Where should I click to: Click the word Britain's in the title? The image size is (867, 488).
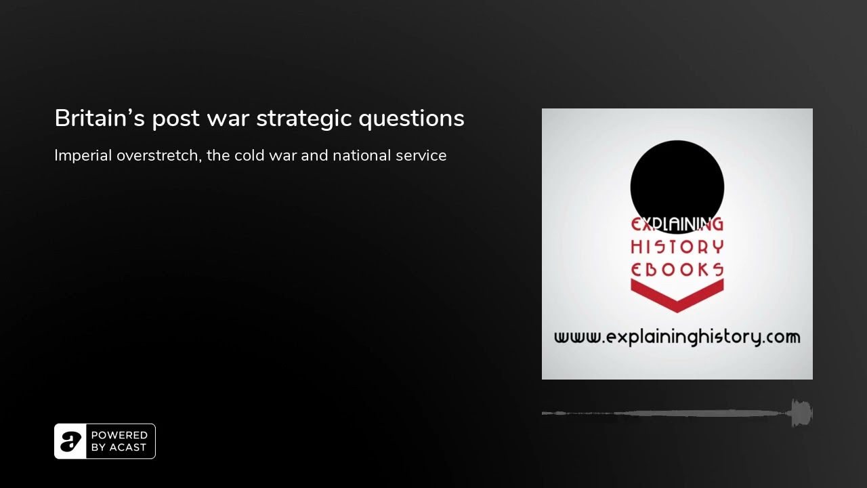coord(100,118)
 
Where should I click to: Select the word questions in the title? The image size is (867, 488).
coord(411,119)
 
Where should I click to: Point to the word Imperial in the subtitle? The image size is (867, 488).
coord(83,156)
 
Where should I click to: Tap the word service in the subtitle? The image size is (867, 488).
coord(421,155)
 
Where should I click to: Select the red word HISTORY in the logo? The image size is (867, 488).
coord(677,247)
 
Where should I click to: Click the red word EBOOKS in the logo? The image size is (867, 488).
coord(677,270)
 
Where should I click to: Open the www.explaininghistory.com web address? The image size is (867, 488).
coord(677,337)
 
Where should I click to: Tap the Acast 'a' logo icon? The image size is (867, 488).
coord(70,441)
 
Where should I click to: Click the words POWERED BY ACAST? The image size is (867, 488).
coord(119,441)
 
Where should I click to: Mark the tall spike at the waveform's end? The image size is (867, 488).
coord(801,413)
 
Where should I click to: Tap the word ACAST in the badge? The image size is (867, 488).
coord(128,447)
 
